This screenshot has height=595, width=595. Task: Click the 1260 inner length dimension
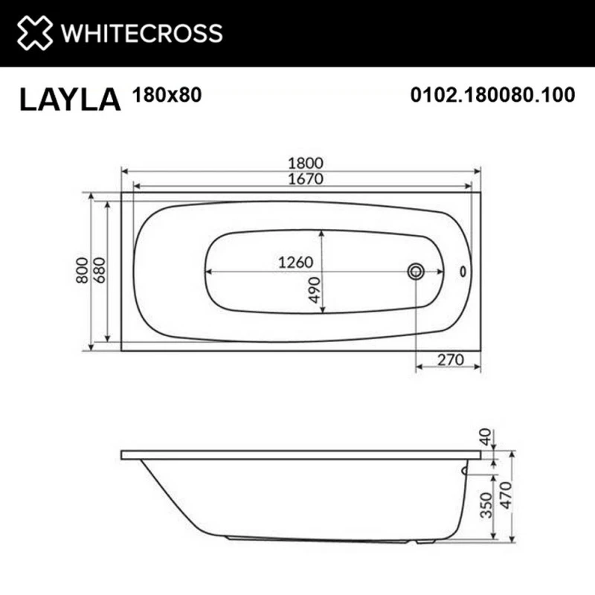click(298, 263)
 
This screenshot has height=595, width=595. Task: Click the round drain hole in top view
click(415, 271)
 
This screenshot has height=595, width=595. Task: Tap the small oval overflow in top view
click(465, 272)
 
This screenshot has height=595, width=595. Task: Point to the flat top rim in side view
click(297, 454)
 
